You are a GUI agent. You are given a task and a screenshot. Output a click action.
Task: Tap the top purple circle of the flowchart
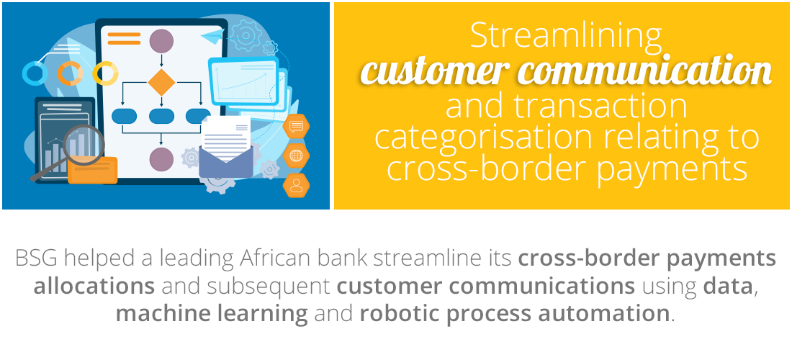tap(161, 40)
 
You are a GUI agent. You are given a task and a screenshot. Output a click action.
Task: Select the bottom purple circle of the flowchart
tap(161, 158)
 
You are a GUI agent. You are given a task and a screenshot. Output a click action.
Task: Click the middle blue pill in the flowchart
tap(161, 116)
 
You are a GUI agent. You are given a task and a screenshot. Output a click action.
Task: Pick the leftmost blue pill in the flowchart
tap(125, 116)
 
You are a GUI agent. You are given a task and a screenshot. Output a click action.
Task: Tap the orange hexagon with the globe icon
tap(296, 155)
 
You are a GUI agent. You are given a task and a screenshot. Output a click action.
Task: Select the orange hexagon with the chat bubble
tap(296, 127)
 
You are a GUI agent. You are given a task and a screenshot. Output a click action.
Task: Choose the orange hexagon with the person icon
tap(296, 184)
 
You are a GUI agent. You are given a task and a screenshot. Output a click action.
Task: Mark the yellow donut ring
tap(105, 73)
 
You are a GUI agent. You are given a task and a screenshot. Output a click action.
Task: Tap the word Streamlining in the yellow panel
tap(565, 35)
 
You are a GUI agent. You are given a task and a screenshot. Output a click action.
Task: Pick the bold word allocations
tap(94, 287)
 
